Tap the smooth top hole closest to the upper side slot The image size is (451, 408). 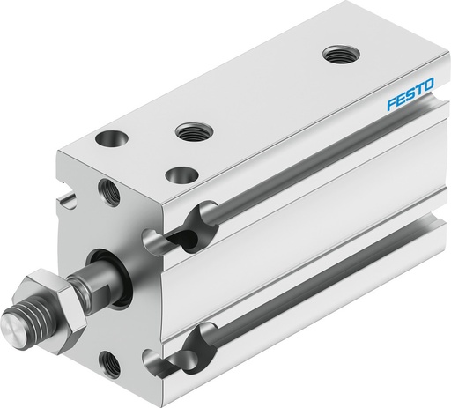click(x=181, y=174)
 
